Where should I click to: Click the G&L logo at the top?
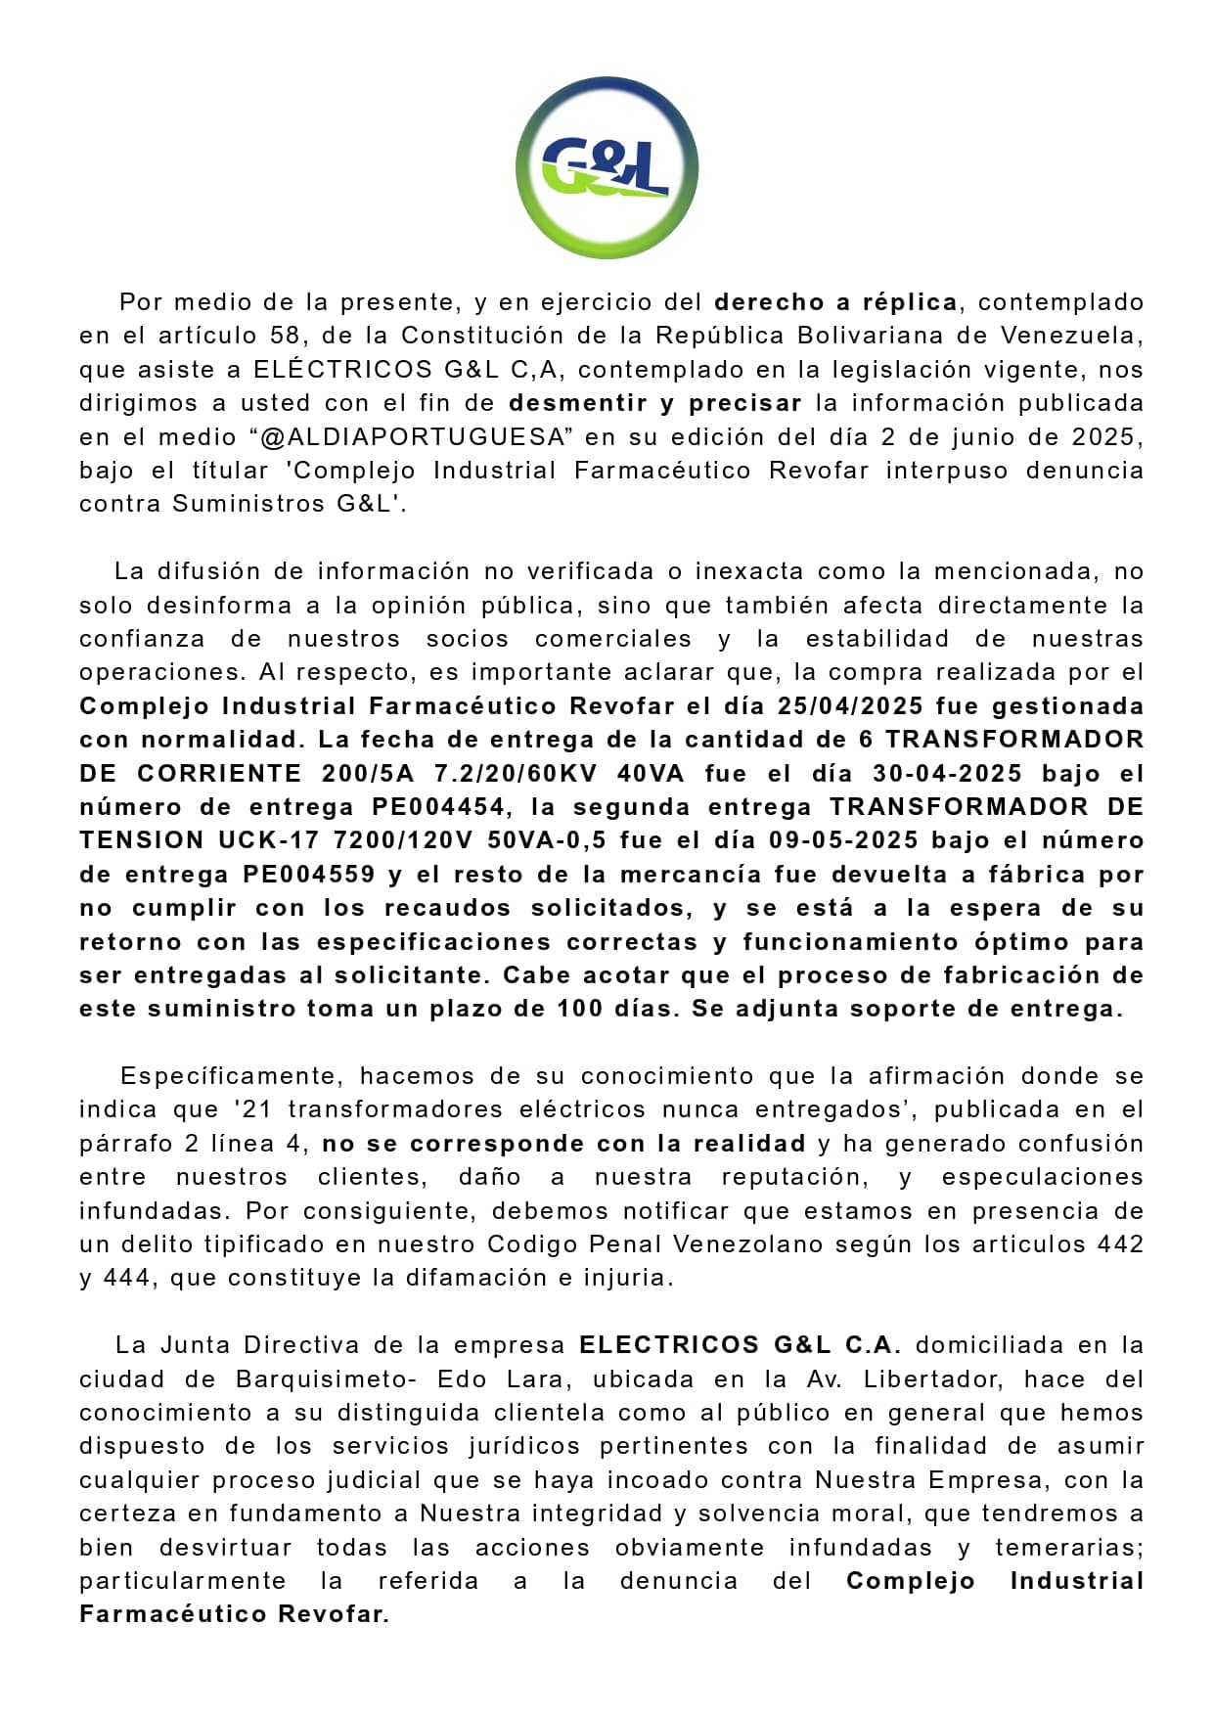(x=607, y=167)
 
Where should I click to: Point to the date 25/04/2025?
(x=850, y=706)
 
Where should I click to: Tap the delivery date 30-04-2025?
(x=947, y=774)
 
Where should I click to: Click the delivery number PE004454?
(x=438, y=807)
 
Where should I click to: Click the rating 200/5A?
(x=368, y=774)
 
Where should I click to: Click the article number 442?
(x=1120, y=1244)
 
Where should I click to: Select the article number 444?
(x=127, y=1279)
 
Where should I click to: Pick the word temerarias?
(x=1068, y=1548)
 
